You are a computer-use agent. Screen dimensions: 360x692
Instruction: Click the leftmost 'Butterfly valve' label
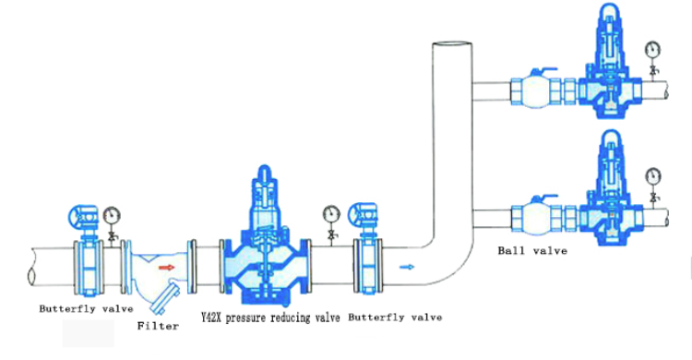point(86,307)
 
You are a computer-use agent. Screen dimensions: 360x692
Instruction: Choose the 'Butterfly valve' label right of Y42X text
point(394,317)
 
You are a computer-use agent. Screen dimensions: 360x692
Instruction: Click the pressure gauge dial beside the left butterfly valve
point(113,215)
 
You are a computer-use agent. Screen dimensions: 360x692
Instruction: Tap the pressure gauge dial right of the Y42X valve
point(331,214)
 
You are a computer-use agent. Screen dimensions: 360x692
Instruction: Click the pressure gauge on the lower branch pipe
point(653,174)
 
